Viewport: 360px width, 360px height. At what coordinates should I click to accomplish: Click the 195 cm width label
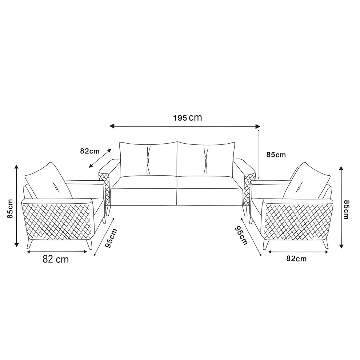187,118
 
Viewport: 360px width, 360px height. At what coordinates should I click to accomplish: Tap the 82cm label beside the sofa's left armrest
90,151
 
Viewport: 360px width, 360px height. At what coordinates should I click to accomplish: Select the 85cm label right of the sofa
276,155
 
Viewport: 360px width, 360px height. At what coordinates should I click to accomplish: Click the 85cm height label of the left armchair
10,208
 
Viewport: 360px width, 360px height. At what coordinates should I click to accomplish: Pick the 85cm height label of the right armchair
347,209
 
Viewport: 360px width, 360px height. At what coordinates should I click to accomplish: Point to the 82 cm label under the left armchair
56,259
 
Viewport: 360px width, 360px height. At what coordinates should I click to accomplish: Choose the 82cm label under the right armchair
296,259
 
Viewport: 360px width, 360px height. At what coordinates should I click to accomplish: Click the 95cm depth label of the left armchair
111,238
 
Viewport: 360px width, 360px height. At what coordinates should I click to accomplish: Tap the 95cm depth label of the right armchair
241,235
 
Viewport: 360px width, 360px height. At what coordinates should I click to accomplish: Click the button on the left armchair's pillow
56,187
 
